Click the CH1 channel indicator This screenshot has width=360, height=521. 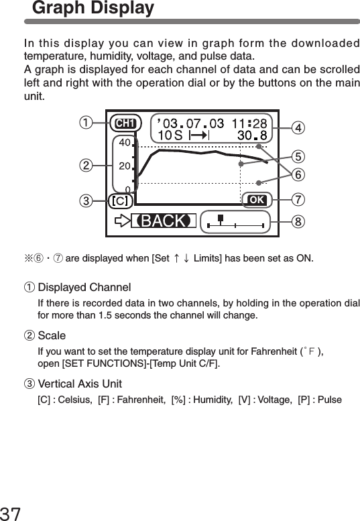(x=125, y=123)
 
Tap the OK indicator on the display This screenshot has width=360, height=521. (x=256, y=200)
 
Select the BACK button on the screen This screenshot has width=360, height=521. (x=163, y=221)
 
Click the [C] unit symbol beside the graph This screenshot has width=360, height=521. (x=120, y=200)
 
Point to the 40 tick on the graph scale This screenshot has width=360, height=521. (x=124, y=142)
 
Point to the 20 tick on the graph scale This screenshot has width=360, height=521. (x=124, y=165)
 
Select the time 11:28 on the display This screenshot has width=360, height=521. (x=249, y=123)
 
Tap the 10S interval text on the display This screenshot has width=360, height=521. (x=168, y=135)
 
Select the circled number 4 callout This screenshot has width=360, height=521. (x=298, y=127)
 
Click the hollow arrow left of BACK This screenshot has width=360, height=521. (x=121, y=221)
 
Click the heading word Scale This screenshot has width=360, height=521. (x=52, y=335)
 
